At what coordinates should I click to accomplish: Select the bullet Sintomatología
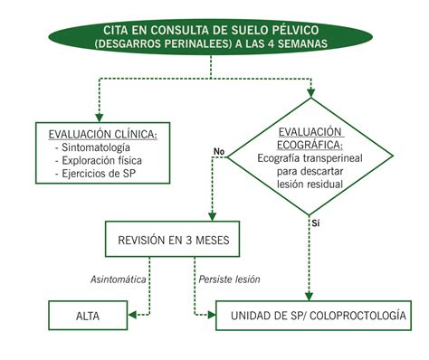pyautogui.click(x=94, y=147)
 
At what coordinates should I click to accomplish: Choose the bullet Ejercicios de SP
pyautogui.click(x=94, y=173)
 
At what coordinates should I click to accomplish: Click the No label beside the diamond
pyautogui.click(x=217, y=150)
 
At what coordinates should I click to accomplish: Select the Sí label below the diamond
pyautogui.click(x=316, y=222)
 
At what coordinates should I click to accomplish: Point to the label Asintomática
pyautogui.click(x=118, y=279)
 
